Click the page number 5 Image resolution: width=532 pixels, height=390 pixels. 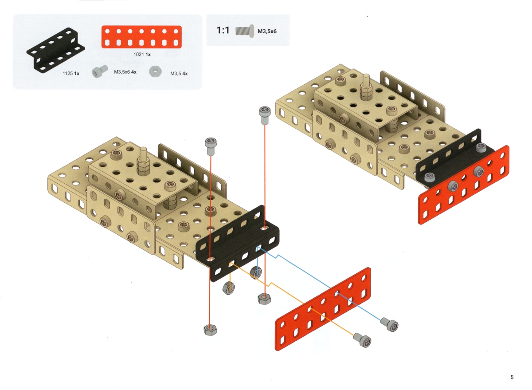[x=512, y=377]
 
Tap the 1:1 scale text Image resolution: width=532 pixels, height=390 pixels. [x=223, y=30]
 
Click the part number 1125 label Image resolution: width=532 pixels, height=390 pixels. [x=67, y=74]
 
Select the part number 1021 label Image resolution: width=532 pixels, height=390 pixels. [x=138, y=55]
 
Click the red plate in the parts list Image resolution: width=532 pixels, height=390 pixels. [x=141, y=37]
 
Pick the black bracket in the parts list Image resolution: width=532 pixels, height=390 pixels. [x=55, y=49]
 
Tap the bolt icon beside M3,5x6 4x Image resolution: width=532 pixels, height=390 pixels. [x=99, y=71]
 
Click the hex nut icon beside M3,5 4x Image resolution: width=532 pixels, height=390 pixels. [x=155, y=71]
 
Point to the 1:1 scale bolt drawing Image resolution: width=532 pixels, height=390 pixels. [x=245, y=31]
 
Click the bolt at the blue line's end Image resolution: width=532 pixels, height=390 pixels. [x=389, y=324]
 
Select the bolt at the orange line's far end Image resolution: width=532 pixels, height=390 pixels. [x=362, y=339]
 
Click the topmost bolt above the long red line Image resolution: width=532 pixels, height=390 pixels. [x=265, y=115]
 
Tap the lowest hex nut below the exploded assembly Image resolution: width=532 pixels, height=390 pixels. [x=210, y=329]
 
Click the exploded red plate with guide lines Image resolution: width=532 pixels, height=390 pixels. [x=323, y=309]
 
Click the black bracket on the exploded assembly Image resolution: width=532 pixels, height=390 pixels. [x=238, y=244]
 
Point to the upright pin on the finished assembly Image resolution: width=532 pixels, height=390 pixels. [x=366, y=88]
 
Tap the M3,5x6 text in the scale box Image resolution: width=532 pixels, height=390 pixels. [x=267, y=32]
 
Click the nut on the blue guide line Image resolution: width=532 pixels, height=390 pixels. [x=256, y=272]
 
